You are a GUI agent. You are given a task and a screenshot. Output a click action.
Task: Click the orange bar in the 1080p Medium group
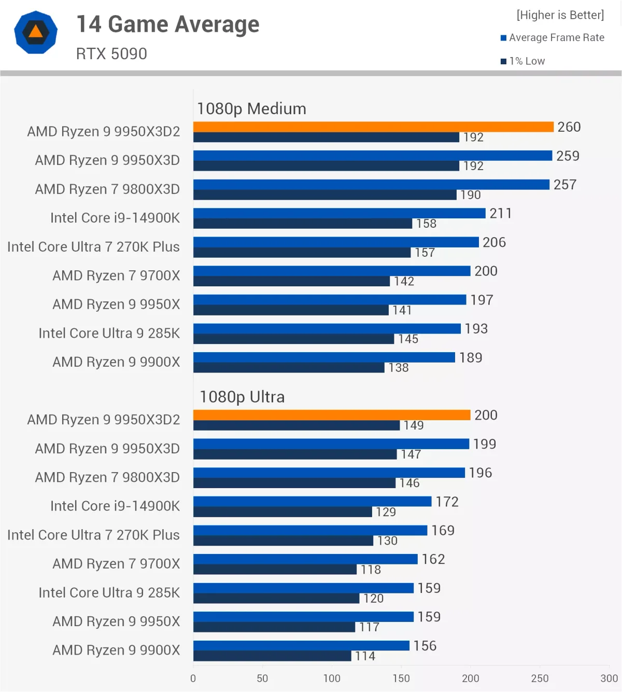(373, 127)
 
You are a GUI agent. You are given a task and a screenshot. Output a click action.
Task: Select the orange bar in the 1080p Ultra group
(332, 415)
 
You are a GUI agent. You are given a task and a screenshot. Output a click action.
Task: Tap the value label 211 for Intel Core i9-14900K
(500, 213)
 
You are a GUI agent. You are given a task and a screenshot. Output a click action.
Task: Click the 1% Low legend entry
(523, 61)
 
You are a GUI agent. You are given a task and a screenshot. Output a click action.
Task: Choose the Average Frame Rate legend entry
(553, 37)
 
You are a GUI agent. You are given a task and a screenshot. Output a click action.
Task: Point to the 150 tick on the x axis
(401, 678)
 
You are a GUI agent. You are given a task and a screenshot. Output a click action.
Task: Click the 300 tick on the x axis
(609, 678)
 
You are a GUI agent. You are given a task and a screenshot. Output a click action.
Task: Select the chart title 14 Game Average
(167, 24)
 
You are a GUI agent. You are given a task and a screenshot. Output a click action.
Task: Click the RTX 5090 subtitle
(111, 53)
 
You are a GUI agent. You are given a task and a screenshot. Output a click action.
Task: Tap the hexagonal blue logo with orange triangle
(36, 32)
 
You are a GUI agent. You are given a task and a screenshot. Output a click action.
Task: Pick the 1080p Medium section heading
(251, 108)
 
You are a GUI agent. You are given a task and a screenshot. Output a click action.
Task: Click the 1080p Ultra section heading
(242, 397)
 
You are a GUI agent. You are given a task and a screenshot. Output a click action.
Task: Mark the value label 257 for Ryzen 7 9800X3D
(564, 185)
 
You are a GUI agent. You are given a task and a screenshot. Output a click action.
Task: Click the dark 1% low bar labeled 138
(289, 368)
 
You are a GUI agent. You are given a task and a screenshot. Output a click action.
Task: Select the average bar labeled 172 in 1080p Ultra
(312, 501)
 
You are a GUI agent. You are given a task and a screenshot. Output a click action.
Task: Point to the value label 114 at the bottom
(365, 656)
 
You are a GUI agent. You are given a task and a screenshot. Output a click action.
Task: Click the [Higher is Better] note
(560, 15)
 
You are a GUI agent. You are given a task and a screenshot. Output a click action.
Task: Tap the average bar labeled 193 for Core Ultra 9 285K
(327, 328)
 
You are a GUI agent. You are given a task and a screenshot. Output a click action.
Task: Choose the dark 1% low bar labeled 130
(283, 541)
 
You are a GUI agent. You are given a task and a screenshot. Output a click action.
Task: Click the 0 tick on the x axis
(193, 678)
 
